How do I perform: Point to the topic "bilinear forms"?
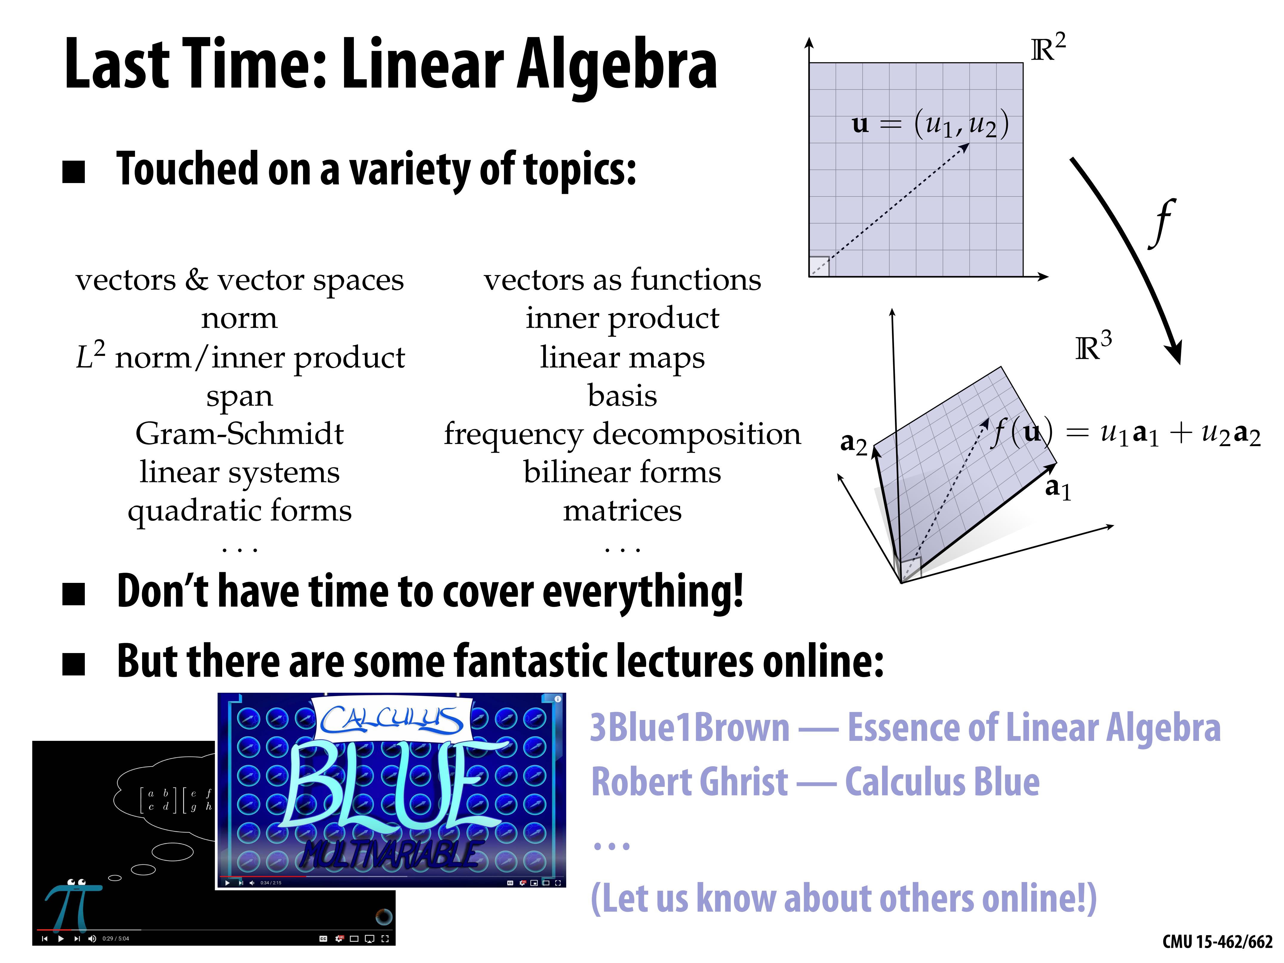pos(622,472)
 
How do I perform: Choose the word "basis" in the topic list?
pos(622,396)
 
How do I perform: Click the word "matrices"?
pos(622,511)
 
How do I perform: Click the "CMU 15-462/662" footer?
pos(1217,942)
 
